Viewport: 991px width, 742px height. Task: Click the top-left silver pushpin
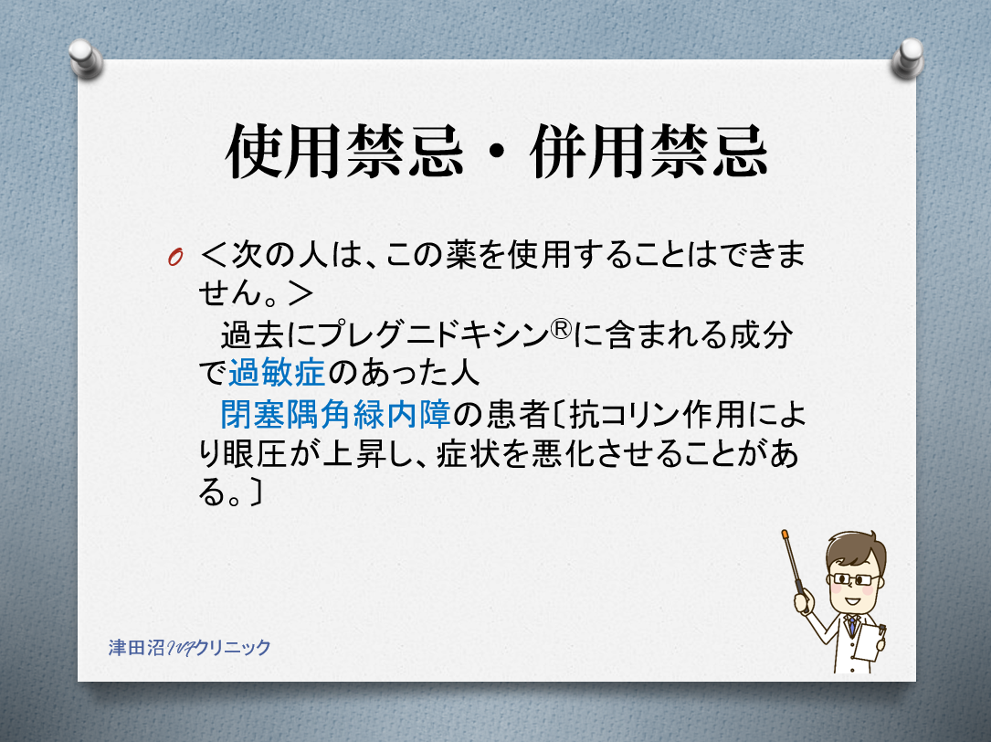[86, 58]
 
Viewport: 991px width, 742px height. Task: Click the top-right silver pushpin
[908, 58]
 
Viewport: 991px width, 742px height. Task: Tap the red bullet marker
[175, 257]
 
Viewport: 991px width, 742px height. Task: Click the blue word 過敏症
[277, 373]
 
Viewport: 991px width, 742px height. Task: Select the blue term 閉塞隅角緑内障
[335, 414]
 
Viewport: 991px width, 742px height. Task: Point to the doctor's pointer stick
[793, 563]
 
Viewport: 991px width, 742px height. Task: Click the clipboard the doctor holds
[870, 641]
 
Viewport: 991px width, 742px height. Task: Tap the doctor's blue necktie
[852, 626]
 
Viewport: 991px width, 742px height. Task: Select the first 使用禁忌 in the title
[344, 152]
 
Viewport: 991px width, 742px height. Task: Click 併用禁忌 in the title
[649, 152]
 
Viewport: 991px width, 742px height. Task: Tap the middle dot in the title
[498, 154]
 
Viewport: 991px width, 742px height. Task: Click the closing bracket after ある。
[255, 493]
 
